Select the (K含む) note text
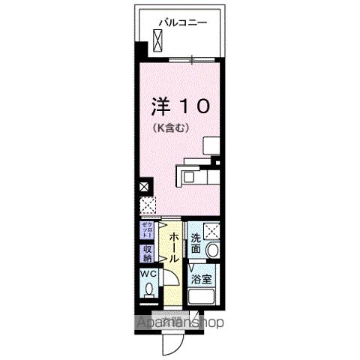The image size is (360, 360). point(171,127)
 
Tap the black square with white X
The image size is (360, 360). point(144,187)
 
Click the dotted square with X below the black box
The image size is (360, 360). point(145,205)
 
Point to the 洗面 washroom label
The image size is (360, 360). point(196,243)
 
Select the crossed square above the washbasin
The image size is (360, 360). point(212,232)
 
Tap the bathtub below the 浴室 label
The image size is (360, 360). point(203,298)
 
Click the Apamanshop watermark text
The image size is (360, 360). point(180,322)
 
